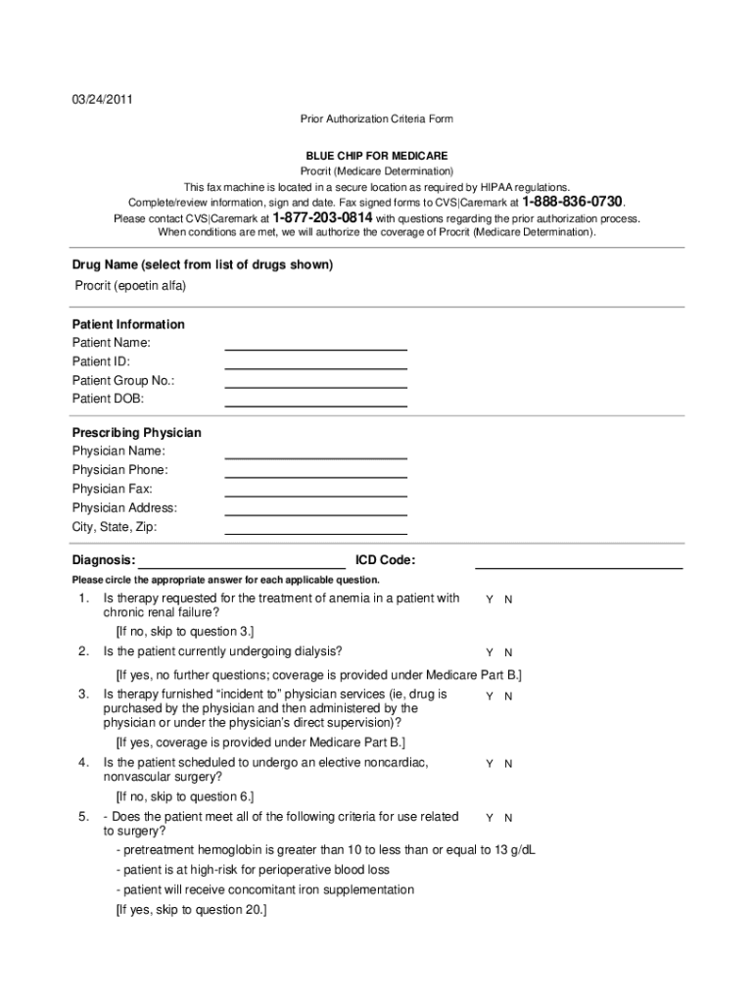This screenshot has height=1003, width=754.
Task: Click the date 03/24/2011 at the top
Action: pyautogui.click(x=102, y=99)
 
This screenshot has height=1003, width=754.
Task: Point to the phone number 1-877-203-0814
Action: pyautogui.click(x=322, y=217)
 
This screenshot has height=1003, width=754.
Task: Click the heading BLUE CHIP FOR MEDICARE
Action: pyautogui.click(x=376, y=156)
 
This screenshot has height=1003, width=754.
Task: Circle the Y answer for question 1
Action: pyautogui.click(x=490, y=599)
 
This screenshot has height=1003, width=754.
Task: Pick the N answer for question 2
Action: pyautogui.click(x=508, y=652)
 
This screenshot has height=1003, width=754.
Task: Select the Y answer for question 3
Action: pyautogui.click(x=490, y=696)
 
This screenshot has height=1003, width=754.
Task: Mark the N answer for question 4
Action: pyautogui.click(x=508, y=764)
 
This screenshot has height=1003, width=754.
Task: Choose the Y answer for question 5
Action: pyautogui.click(x=490, y=818)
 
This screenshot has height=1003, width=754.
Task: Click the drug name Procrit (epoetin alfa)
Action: pyautogui.click(x=131, y=286)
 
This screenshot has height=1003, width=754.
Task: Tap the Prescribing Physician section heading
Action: pyautogui.click(x=137, y=433)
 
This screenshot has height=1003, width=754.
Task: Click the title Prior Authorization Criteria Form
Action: pyautogui.click(x=376, y=119)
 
